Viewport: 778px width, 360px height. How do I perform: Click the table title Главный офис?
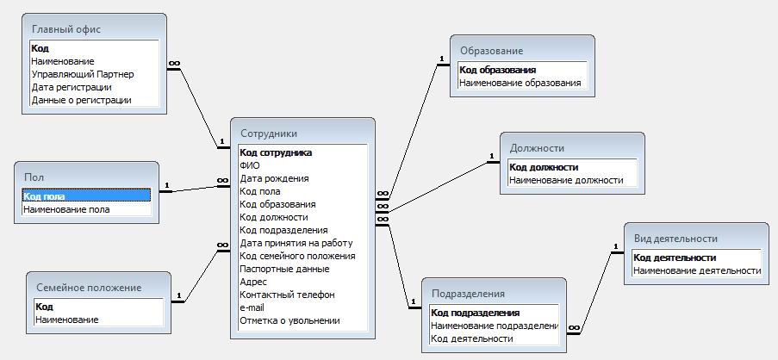click(66, 28)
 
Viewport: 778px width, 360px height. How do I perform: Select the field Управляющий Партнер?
click(83, 74)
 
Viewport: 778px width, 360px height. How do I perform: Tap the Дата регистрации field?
click(72, 87)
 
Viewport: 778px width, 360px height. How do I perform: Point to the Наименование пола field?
click(66, 209)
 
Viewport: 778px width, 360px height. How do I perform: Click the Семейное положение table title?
click(89, 288)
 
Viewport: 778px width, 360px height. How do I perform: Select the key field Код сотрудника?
click(276, 152)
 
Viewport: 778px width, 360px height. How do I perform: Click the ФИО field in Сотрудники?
click(250, 165)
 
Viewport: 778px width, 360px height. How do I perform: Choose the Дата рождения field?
click(274, 178)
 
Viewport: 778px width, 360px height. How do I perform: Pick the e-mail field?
click(252, 307)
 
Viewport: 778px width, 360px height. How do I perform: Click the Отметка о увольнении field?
click(289, 320)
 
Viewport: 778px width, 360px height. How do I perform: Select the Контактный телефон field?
click(288, 295)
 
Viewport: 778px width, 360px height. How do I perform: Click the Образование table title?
click(491, 51)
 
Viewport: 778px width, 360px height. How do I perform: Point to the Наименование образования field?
click(520, 83)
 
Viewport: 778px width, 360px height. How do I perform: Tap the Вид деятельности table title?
click(675, 239)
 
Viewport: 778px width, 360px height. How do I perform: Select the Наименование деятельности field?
click(697, 270)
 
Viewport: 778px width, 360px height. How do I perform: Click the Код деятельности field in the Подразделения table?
click(472, 338)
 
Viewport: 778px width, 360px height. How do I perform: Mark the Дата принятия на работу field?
click(296, 243)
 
